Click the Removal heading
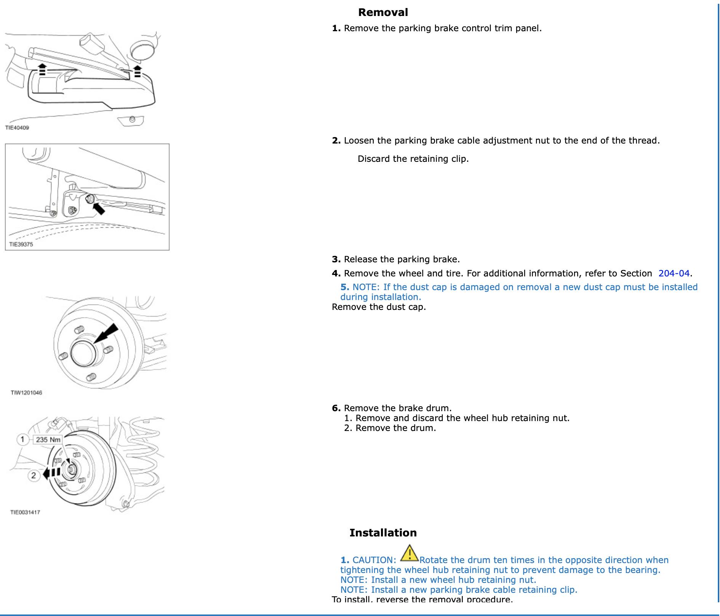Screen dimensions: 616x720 coord(383,13)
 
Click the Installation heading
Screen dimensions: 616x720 coord(383,533)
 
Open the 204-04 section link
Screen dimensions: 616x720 coord(674,273)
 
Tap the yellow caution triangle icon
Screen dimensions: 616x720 coord(410,553)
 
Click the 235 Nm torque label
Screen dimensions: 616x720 coord(48,440)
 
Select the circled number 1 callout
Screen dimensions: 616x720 coord(22,440)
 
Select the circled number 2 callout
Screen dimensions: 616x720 coord(34,476)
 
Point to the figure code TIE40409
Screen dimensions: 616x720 coord(17,128)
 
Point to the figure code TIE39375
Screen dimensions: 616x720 coord(21,244)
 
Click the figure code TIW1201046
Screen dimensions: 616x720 coord(26,393)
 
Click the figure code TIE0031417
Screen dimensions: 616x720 coord(25,512)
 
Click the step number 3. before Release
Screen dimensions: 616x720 coord(336,260)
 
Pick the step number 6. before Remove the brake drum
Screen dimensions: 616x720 coord(336,409)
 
